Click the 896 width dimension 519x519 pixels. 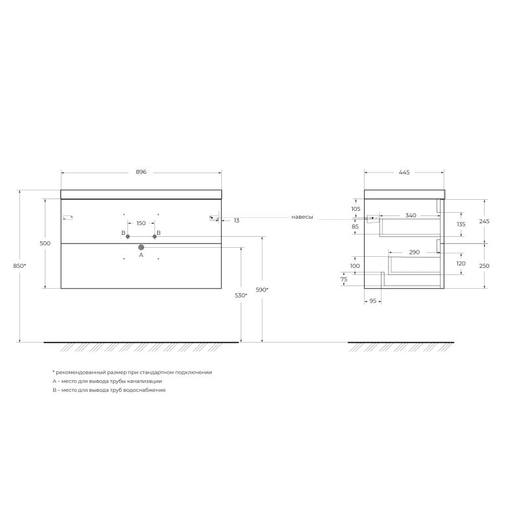coord(141,172)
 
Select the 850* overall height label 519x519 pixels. coord(19,266)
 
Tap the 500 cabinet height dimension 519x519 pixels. coord(45,243)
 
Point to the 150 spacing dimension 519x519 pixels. coord(141,223)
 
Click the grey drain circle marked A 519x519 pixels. coord(141,247)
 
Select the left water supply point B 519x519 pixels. coord(128,236)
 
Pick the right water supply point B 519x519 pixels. coord(154,236)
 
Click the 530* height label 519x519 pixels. coord(241,295)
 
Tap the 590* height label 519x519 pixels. coord(262,290)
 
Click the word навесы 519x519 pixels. coord(302,217)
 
